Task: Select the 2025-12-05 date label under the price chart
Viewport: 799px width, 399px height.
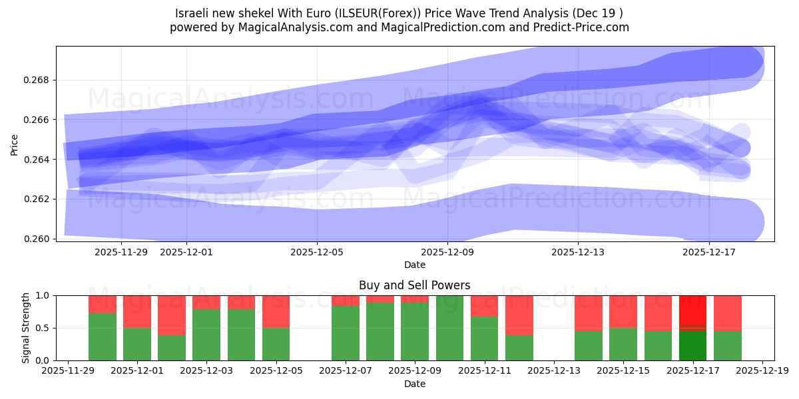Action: tap(317, 252)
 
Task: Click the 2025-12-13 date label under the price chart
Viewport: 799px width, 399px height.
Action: tap(578, 252)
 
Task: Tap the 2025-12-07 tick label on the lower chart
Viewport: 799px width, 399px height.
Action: tap(346, 371)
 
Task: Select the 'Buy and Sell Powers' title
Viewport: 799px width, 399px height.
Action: tap(414, 285)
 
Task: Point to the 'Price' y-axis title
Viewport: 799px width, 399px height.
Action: tap(15, 144)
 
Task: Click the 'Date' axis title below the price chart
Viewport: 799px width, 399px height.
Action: tap(414, 265)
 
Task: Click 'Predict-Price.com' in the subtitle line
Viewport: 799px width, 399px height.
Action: tap(577, 27)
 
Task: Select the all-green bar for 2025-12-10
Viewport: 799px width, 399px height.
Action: tap(449, 328)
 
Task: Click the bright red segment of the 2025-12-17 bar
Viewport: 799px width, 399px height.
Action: tap(692, 309)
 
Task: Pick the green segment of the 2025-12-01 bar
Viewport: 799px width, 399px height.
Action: tap(137, 344)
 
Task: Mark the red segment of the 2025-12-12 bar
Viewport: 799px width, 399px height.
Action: tap(519, 315)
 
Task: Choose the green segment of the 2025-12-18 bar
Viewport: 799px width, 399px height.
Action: tap(727, 346)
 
